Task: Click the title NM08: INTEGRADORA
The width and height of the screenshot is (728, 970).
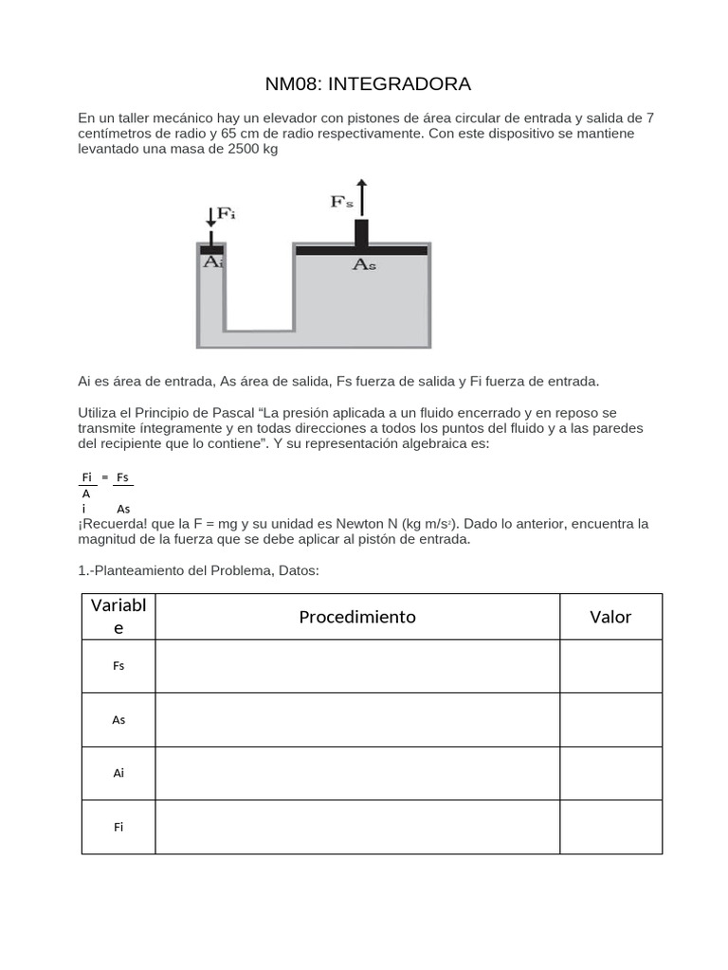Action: pyautogui.click(x=368, y=84)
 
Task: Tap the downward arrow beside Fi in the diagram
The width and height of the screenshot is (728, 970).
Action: pyautogui.click(x=210, y=217)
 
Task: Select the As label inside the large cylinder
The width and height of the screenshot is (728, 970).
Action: pyautogui.click(x=364, y=266)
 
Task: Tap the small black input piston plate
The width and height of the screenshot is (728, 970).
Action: pyautogui.click(x=210, y=249)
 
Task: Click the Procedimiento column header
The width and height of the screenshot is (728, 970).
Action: pyautogui.click(x=357, y=617)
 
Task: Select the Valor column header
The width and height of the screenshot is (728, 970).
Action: pyautogui.click(x=610, y=617)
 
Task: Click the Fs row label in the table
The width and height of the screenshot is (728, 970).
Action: pyautogui.click(x=118, y=666)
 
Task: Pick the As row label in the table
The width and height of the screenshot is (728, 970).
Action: pyautogui.click(x=118, y=720)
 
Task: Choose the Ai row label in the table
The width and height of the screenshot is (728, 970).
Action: pyautogui.click(x=118, y=773)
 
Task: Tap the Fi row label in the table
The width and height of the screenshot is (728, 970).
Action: pyautogui.click(x=118, y=827)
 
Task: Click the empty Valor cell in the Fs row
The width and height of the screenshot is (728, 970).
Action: pyautogui.click(x=610, y=666)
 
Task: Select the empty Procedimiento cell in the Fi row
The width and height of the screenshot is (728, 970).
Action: pyautogui.click(x=357, y=827)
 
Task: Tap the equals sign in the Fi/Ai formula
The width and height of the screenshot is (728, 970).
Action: pyautogui.click(x=105, y=477)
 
